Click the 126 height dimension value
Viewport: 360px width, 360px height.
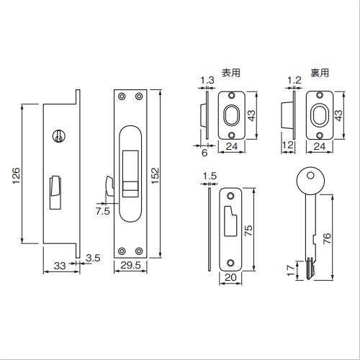point(17,176)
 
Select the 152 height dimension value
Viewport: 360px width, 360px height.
point(156,176)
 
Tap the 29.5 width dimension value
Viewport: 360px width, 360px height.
point(130,265)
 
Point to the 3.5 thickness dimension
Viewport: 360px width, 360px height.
point(93,258)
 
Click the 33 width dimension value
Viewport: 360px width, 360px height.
point(60,266)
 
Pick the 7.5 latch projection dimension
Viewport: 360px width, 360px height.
point(102,211)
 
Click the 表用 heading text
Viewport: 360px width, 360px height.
point(231,73)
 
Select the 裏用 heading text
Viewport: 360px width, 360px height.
point(320,73)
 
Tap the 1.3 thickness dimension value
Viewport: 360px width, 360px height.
point(207,80)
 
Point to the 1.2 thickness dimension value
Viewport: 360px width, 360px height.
point(294,80)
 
